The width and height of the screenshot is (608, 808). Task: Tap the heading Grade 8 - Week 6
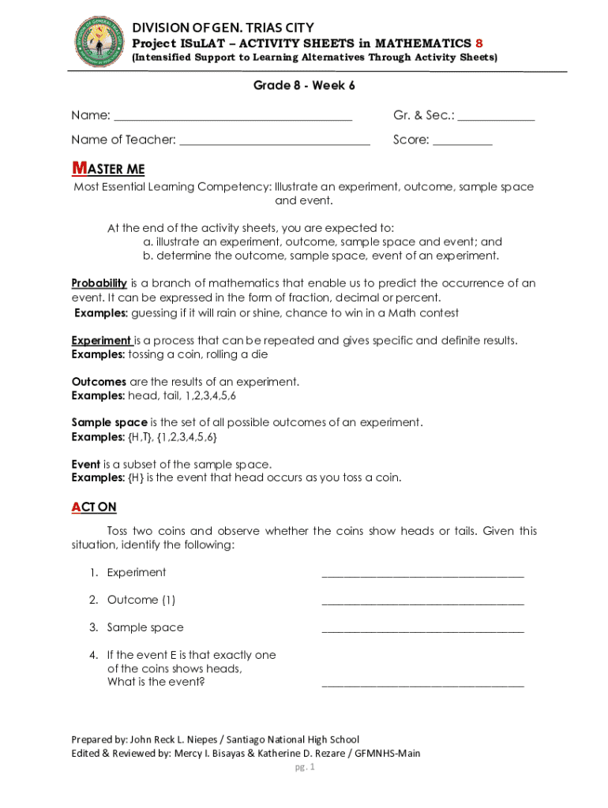[x=303, y=85]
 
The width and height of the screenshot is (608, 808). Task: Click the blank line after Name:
[x=233, y=119]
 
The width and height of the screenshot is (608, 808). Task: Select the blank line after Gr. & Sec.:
[x=496, y=119]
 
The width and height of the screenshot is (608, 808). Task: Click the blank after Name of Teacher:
[x=275, y=144]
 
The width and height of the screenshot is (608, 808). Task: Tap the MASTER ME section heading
[x=108, y=169]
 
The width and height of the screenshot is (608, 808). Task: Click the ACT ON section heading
[x=94, y=507]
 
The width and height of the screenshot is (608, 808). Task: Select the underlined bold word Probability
[x=99, y=283]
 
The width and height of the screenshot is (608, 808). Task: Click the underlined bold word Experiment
[x=101, y=340]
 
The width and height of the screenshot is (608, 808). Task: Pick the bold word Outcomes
[x=99, y=381]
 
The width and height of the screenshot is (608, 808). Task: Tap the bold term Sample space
[x=109, y=422]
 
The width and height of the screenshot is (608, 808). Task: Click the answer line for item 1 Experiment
[x=422, y=576]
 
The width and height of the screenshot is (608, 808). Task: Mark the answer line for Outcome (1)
[x=422, y=604]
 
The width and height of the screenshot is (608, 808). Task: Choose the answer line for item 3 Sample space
[x=422, y=631]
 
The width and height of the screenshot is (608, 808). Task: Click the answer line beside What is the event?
[x=422, y=686]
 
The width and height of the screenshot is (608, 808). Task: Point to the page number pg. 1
[x=304, y=767]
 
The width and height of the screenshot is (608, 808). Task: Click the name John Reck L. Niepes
[x=171, y=739]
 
